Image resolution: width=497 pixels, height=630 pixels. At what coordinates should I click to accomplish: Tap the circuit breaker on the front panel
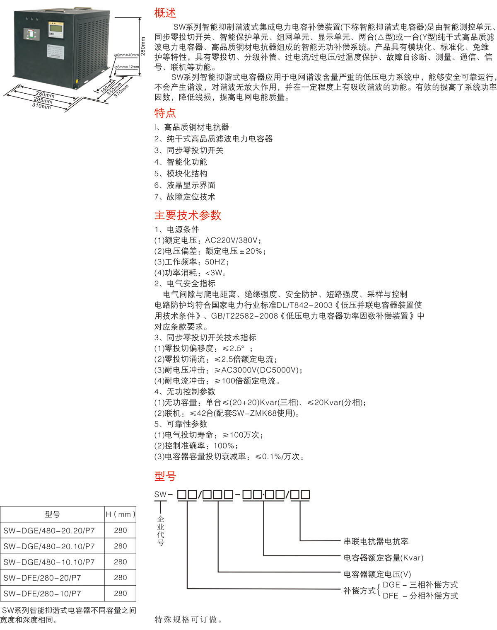[x=30, y=34]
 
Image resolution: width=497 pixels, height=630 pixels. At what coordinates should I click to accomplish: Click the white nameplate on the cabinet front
[x=55, y=52]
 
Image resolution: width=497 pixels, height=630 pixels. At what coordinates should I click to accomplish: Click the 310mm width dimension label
[x=41, y=106]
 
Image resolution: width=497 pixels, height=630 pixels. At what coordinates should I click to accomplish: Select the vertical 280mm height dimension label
[x=143, y=46]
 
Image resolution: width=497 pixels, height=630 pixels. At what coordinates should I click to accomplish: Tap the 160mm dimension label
[x=108, y=87]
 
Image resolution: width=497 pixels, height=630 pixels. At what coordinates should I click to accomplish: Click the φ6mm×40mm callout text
[x=126, y=55]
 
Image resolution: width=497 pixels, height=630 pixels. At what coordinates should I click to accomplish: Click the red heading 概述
[x=165, y=13]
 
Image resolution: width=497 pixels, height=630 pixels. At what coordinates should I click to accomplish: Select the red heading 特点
[x=165, y=113]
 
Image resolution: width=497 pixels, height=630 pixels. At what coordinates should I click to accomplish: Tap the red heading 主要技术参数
[x=188, y=215]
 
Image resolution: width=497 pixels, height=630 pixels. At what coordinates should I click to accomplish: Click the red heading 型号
[x=165, y=476]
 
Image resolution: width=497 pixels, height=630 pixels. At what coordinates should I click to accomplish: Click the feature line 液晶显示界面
[x=191, y=185]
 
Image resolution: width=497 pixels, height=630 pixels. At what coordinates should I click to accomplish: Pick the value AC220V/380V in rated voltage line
[x=231, y=240]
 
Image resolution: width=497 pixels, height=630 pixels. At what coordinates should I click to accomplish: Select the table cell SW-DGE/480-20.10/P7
[x=49, y=546]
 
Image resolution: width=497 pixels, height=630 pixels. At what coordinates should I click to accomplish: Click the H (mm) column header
[x=120, y=514]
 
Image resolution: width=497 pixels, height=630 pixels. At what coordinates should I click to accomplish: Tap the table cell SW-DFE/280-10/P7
[x=42, y=594]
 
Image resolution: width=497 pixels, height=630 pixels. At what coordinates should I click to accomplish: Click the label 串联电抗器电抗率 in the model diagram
[x=376, y=541]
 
